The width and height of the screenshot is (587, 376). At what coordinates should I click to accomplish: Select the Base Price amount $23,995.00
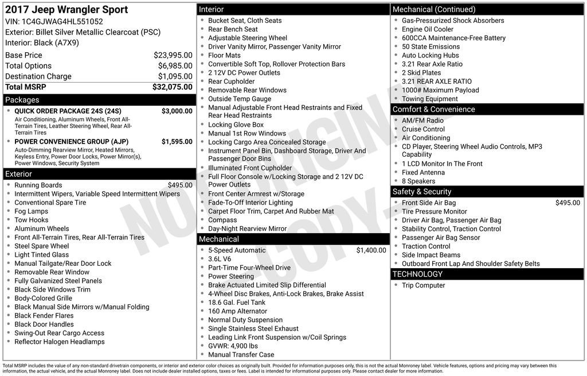pos(173,55)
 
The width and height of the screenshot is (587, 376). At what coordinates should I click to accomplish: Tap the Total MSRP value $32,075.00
pos(172,87)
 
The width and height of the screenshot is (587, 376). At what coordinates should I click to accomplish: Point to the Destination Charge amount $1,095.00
pos(175,76)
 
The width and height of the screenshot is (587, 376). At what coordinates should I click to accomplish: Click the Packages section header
pos(22,100)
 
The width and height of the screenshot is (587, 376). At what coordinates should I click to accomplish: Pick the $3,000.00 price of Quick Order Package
pos(177,111)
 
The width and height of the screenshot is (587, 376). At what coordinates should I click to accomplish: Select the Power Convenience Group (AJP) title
pos(71,142)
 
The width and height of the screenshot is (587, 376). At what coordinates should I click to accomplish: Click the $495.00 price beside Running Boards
pos(180,185)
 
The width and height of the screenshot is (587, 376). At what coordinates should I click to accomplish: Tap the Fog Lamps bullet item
pos(31,211)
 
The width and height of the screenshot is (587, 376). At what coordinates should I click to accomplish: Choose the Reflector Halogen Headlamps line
pos(59,342)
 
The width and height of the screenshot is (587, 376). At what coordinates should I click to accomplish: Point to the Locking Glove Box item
pos(236,125)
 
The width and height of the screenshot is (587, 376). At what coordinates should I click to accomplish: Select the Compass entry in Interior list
pos(222,220)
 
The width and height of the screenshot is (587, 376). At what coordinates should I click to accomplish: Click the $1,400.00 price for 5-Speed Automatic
pos(371,250)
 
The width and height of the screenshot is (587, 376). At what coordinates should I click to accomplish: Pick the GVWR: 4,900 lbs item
pos(233,346)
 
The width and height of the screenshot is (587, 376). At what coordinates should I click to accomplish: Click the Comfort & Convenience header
pos(433,110)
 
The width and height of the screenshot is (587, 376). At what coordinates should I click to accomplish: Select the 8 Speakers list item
pos(418,181)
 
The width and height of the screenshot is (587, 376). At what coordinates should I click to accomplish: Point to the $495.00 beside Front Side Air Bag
pos(568,203)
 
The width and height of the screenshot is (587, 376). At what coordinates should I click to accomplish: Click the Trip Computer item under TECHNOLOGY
pos(423,285)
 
